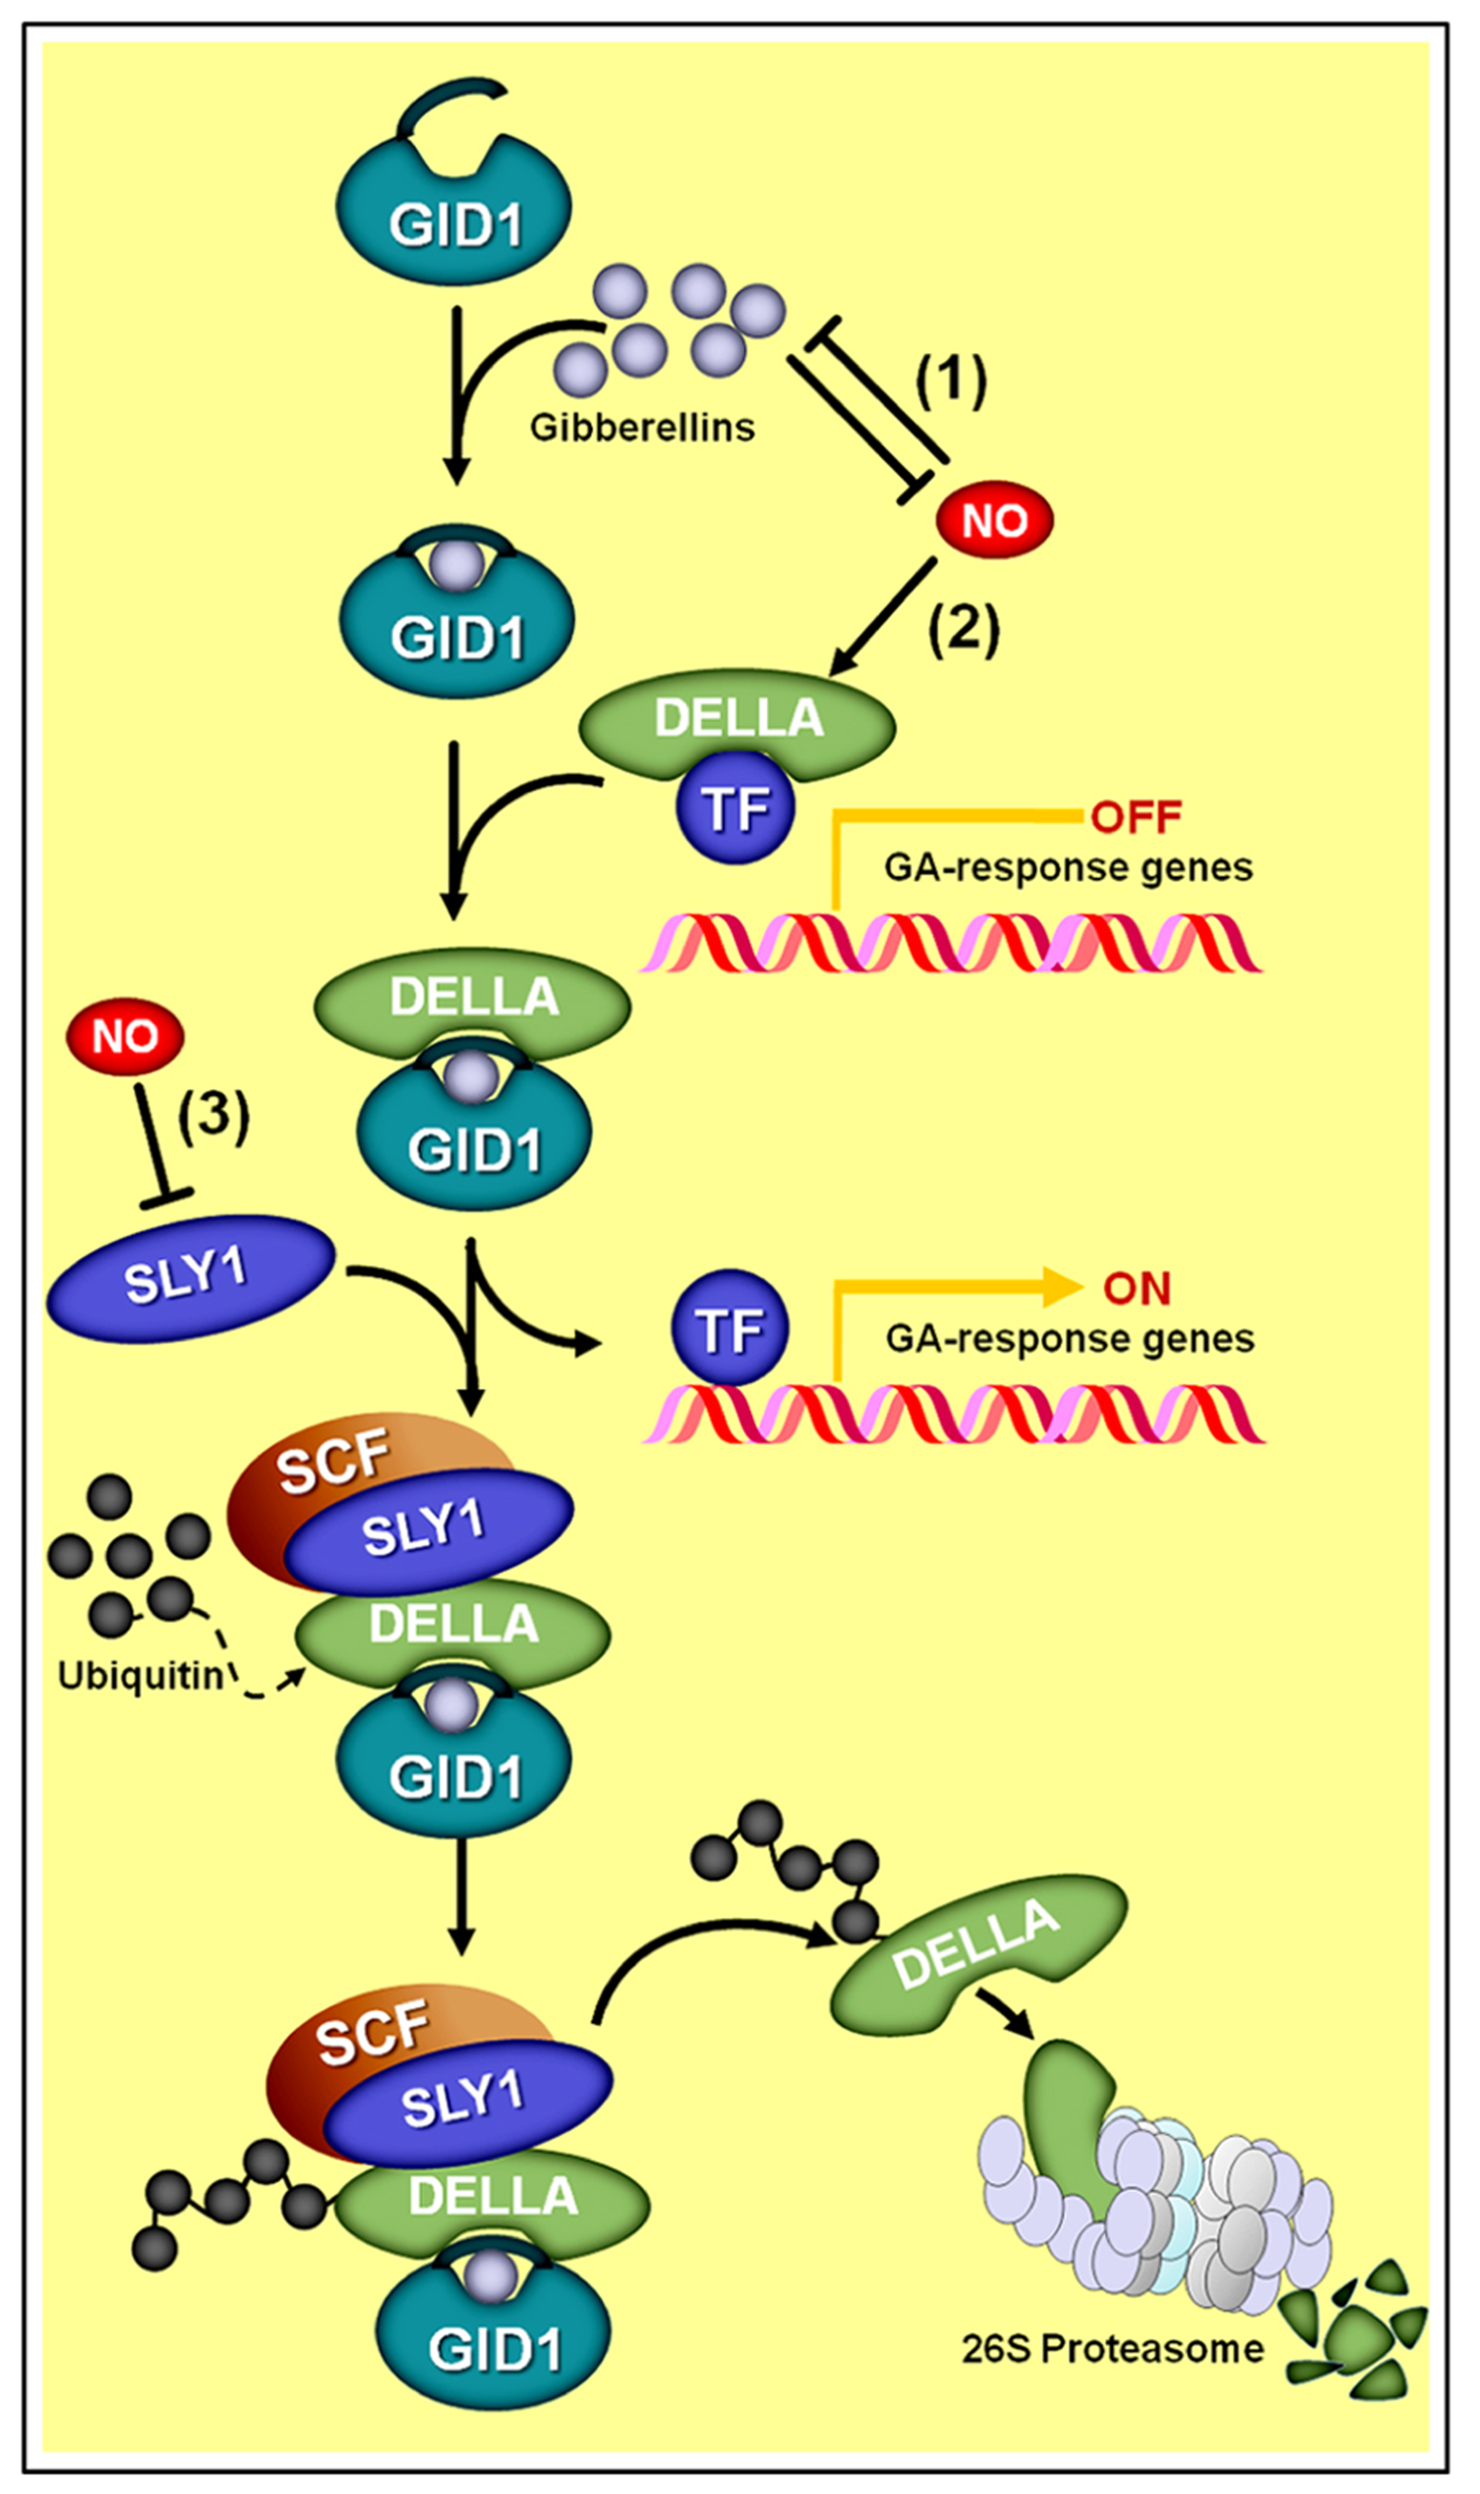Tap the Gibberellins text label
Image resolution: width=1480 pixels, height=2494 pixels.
point(641,427)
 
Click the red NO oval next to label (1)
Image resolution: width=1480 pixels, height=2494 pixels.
point(994,520)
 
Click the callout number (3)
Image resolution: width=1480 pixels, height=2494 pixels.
point(213,1114)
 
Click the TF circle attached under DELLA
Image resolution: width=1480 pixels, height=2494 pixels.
point(735,808)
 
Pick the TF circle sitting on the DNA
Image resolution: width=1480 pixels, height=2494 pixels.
point(730,1329)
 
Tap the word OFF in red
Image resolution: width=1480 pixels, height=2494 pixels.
point(1136,817)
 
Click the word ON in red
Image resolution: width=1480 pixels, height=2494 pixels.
point(1136,1289)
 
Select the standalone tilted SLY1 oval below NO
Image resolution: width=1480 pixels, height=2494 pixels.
point(189,1277)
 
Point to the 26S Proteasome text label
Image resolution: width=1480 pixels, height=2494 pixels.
point(1112,2349)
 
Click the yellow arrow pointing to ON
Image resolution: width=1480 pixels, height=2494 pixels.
point(957,1289)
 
